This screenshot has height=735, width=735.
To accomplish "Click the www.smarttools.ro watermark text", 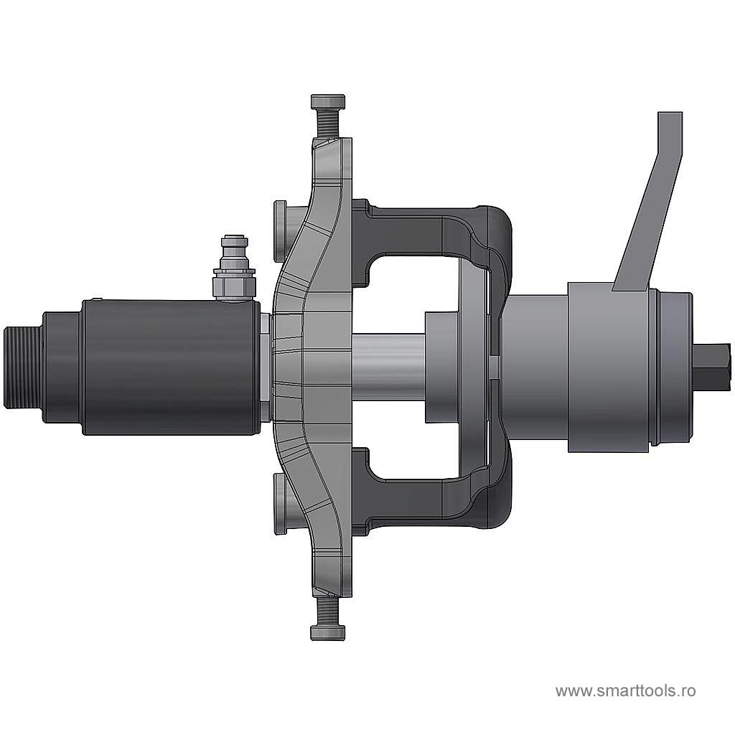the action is (x=625, y=690).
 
